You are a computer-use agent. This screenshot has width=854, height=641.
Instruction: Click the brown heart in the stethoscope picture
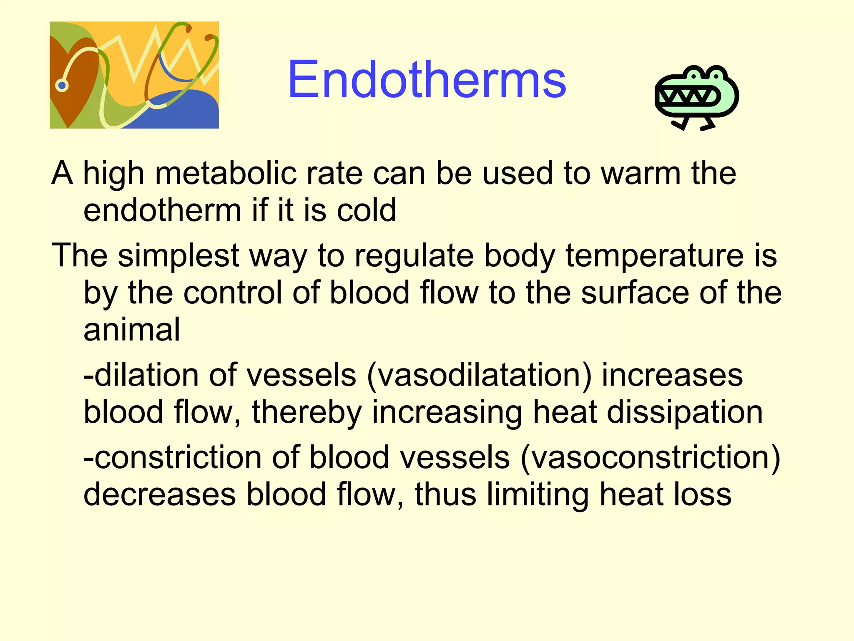[x=73, y=79]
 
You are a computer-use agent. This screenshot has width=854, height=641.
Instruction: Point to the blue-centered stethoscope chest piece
[x=62, y=86]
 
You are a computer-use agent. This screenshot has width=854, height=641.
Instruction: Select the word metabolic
[x=225, y=173]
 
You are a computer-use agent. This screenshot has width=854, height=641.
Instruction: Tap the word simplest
[x=178, y=255]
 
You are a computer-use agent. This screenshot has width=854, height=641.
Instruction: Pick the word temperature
[x=655, y=255]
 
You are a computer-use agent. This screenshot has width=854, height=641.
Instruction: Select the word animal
[x=132, y=329]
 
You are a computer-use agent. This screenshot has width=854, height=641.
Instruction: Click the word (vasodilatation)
[x=479, y=375]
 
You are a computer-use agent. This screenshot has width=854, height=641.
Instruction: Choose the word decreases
[x=160, y=495]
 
